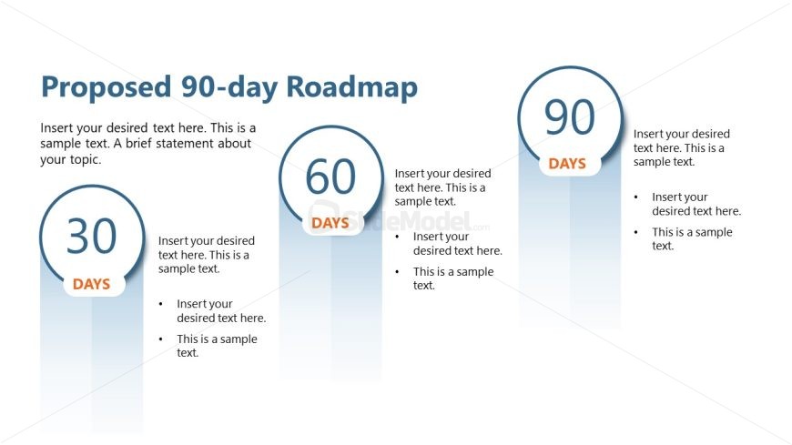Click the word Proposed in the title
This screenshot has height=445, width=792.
[107, 87]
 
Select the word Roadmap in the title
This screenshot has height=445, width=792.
[352, 86]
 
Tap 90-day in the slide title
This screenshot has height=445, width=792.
[228, 87]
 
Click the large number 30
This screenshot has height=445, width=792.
[91, 236]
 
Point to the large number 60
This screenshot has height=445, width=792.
[330, 177]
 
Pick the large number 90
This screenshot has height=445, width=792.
[570, 116]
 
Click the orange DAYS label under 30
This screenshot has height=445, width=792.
[91, 284]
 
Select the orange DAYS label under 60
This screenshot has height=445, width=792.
[330, 223]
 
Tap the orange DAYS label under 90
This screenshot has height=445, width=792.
[567, 164]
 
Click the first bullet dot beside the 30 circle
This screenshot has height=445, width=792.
[160, 304]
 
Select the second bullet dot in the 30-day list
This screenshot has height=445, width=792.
[160, 339]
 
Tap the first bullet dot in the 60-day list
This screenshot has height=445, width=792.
[398, 237]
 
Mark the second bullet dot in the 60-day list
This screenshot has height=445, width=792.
[398, 272]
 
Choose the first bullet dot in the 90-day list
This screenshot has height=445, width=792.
[636, 197]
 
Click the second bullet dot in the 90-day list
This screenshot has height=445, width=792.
[636, 232]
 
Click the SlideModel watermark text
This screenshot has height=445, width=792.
[399, 221]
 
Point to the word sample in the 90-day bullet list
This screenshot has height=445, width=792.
[713, 233]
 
